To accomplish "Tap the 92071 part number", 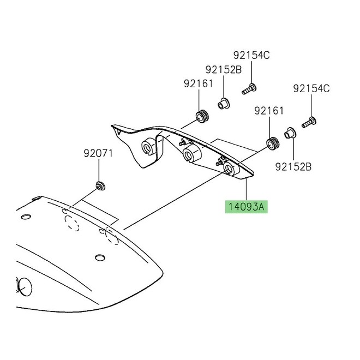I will coord(98,153).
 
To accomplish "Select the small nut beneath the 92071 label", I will coord(100,185).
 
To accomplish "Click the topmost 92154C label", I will coord(251,55).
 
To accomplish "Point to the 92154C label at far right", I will coord(311,88).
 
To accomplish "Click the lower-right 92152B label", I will coord(293,166).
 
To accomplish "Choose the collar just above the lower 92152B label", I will coord(291,132).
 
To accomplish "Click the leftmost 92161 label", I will coord(198,83).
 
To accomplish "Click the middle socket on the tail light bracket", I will coord(190,154).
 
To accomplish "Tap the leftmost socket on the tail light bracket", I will coord(147,146).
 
